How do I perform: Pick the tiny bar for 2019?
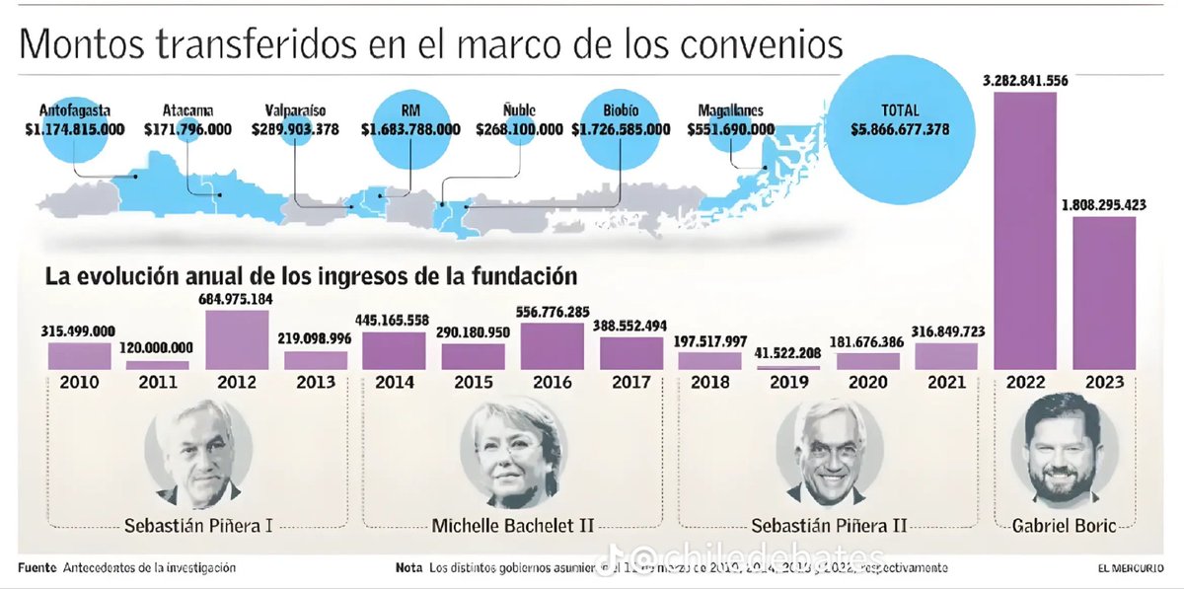pyautogui.click(x=787, y=368)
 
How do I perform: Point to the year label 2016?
pyautogui.click(x=552, y=383)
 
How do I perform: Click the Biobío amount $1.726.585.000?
pyautogui.click(x=621, y=129)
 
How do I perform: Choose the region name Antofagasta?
pyautogui.click(x=76, y=110)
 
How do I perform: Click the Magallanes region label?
pyautogui.click(x=730, y=111)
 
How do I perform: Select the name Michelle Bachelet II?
pyautogui.click(x=513, y=524)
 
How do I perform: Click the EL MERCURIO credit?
pyautogui.click(x=1130, y=569)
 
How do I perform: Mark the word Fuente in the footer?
pyautogui.click(x=37, y=568)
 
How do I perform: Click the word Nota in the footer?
pyautogui.click(x=408, y=568)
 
